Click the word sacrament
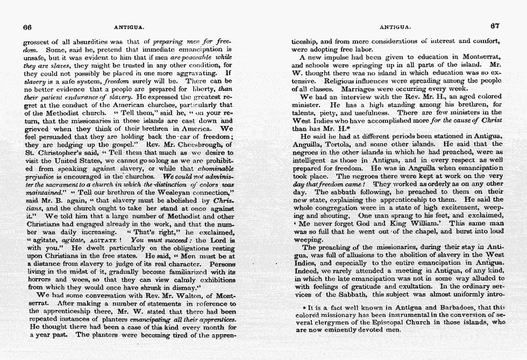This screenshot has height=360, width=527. (56, 183)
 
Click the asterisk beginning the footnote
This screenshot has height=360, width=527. (304, 308)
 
